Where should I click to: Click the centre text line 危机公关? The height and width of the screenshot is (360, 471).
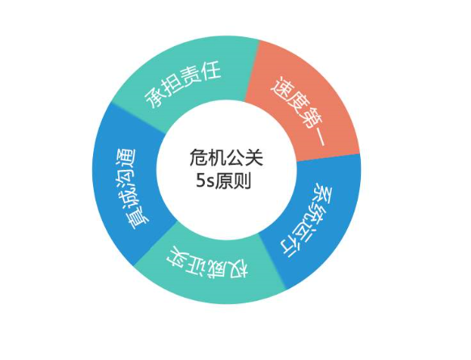point(226,158)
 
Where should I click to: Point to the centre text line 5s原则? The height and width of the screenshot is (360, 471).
point(223,181)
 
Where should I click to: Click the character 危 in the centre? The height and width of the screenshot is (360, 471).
point(198,158)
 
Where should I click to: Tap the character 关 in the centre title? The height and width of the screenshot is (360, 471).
point(254,158)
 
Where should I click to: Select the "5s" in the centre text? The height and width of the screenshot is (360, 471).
point(205,181)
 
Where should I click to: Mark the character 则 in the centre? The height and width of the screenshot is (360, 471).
point(242,181)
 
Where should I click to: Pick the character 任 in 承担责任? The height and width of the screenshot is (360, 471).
point(210,71)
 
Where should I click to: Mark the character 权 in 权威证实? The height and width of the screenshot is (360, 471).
point(238,270)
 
